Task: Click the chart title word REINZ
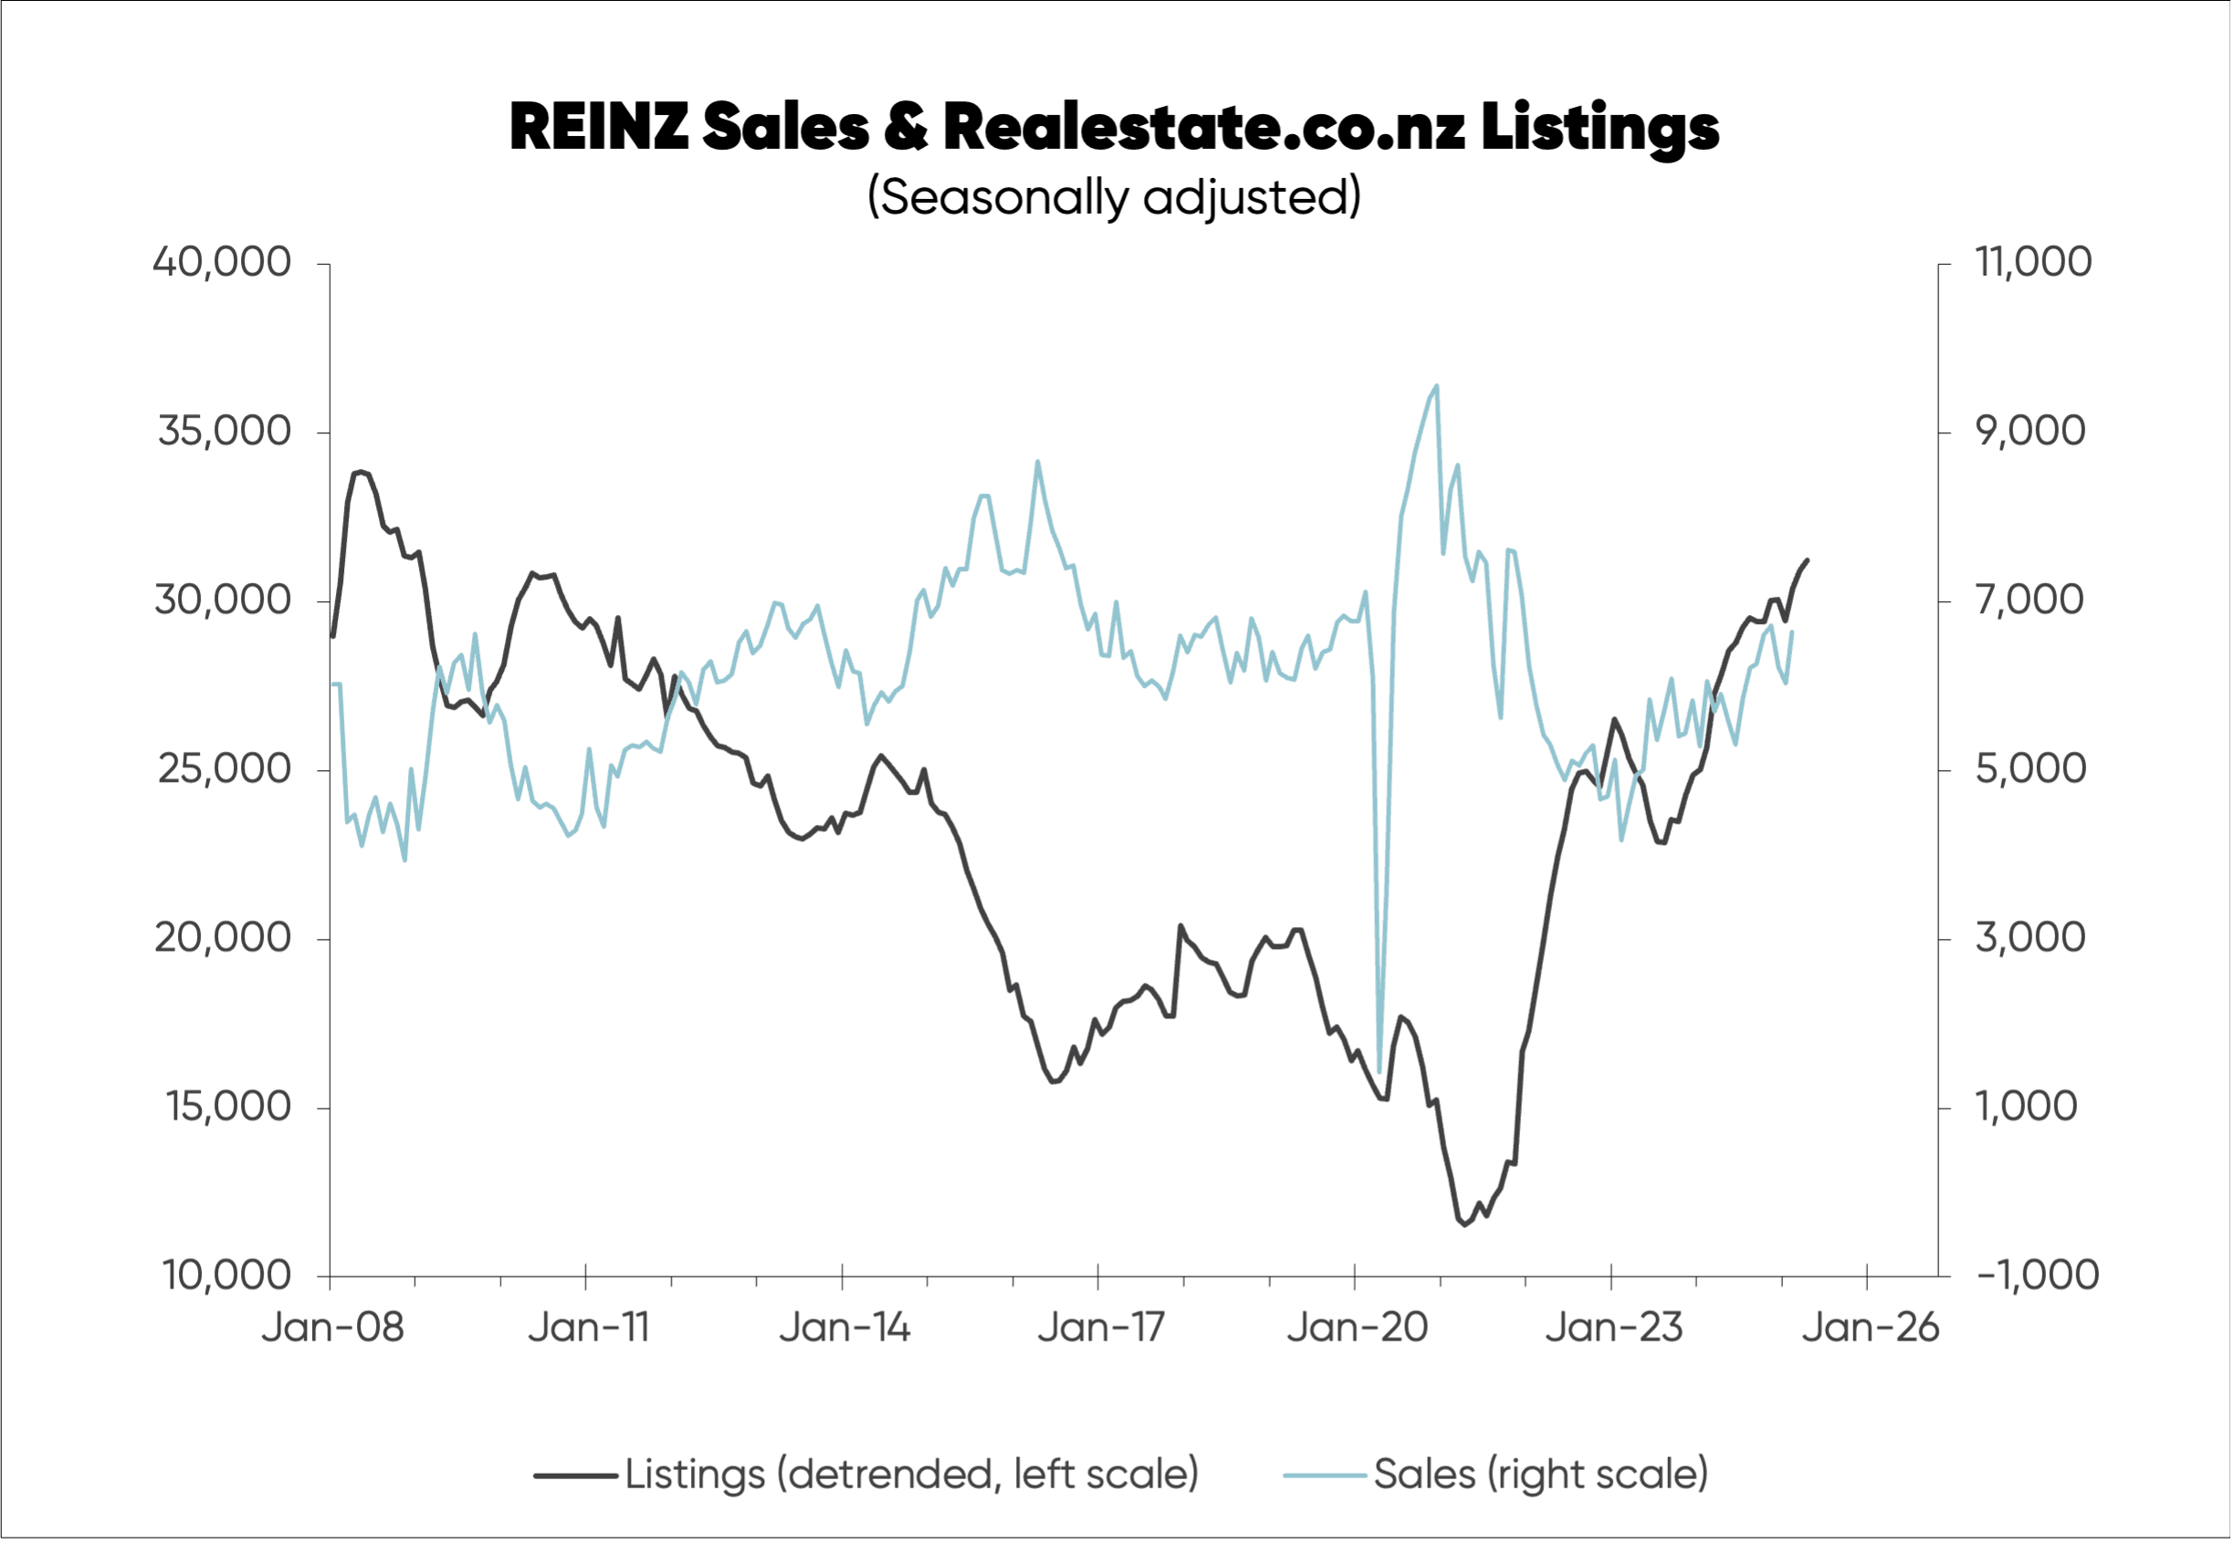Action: (x=599, y=128)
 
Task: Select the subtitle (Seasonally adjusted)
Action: (x=1114, y=197)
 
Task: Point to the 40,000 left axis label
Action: (x=222, y=262)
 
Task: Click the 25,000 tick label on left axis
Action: (x=224, y=768)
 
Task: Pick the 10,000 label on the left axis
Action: (x=225, y=1276)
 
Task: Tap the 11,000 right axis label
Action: (x=2033, y=262)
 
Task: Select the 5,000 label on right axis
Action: (x=2029, y=768)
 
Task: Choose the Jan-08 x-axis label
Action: (x=331, y=1328)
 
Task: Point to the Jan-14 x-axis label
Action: (x=844, y=1328)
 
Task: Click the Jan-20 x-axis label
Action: (x=1356, y=1328)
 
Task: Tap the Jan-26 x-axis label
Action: (x=1870, y=1328)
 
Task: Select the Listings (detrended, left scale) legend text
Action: (x=911, y=1475)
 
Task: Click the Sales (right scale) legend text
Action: (x=1540, y=1475)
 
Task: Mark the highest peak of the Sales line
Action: (x=1436, y=386)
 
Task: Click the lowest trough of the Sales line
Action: (x=1379, y=1072)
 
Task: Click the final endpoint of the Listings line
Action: (x=1808, y=559)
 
